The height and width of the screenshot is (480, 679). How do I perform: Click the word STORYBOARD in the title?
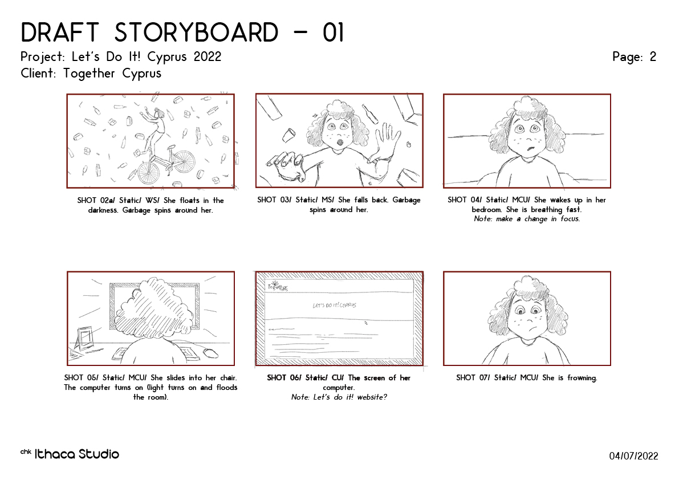pos(196,32)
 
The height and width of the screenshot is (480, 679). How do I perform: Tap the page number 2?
pos(653,56)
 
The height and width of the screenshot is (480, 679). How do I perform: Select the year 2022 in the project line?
pos(208,56)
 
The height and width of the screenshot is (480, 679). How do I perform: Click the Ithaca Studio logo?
pos(70,454)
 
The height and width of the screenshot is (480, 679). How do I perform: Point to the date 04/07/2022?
pos(633,455)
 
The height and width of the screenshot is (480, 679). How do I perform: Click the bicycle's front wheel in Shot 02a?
pos(184,161)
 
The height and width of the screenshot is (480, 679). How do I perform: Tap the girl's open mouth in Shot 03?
pos(340,142)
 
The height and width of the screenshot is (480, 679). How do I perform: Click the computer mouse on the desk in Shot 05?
pos(210,352)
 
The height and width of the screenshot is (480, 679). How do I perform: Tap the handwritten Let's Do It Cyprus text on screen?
pos(334,305)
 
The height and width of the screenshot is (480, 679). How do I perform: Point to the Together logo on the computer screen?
pos(278,286)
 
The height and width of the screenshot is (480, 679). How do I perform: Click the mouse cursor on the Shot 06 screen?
pos(366,323)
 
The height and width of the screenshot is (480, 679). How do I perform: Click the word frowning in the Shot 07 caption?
pos(582,378)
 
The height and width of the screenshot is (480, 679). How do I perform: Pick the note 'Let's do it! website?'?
pos(339,397)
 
